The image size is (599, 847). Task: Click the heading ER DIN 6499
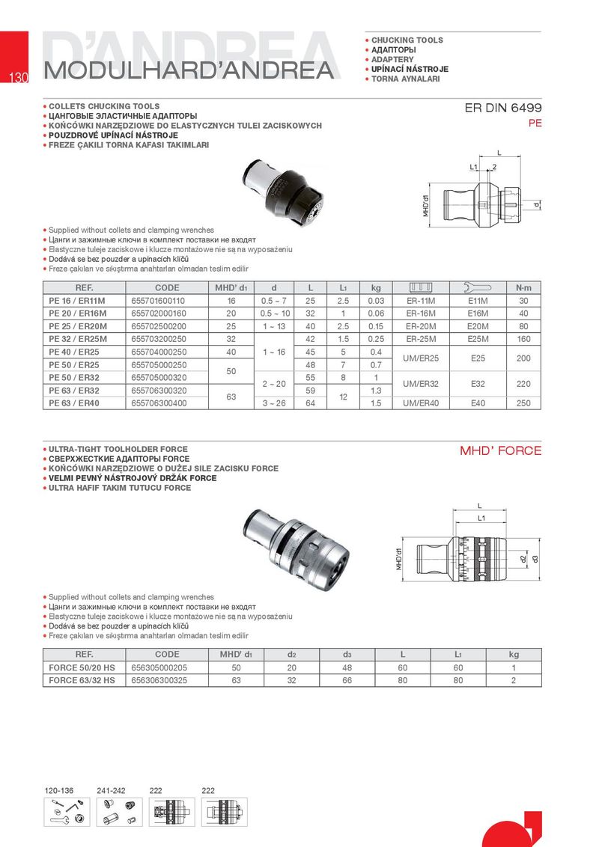[503, 108]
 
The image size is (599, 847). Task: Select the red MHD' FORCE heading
[500, 450]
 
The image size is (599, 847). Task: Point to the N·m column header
[523, 287]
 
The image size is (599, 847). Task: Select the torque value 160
[523, 339]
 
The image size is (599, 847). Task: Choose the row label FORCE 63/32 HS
[82, 680]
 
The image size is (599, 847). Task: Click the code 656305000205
[158, 667]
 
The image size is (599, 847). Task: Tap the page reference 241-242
[112, 791]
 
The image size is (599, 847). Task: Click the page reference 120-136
[59, 791]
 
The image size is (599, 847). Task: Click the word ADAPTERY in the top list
[392, 59]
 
